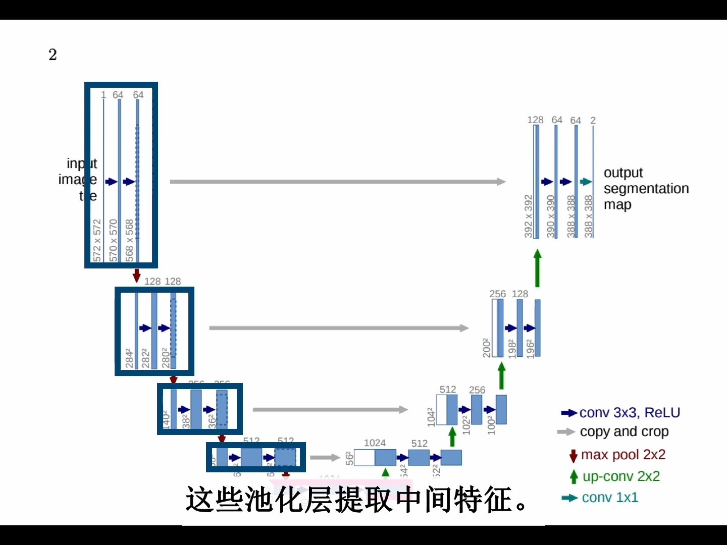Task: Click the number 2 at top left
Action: point(53,54)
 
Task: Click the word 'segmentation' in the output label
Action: point(646,189)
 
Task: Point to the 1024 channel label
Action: point(375,443)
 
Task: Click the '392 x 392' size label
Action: point(529,216)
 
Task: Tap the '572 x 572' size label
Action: point(97,240)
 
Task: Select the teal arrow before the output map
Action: point(586,182)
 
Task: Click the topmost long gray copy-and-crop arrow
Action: point(337,182)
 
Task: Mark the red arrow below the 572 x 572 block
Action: point(136,276)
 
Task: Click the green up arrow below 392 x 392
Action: point(537,268)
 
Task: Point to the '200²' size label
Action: point(487,348)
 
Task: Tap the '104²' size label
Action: point(431,417)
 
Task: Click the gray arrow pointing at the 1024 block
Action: point(325,458)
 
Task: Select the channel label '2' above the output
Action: point(593,121)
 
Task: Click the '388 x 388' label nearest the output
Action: point(589,216)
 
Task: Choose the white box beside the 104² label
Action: point(441,410)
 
